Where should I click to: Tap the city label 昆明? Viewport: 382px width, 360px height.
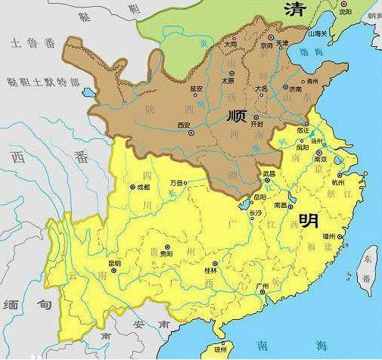pos(115,262)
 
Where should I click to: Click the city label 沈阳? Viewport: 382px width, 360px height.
pos(345,12)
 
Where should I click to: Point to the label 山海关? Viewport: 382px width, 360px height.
pos(318,34)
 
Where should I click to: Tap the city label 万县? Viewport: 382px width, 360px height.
pos(177,182)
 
